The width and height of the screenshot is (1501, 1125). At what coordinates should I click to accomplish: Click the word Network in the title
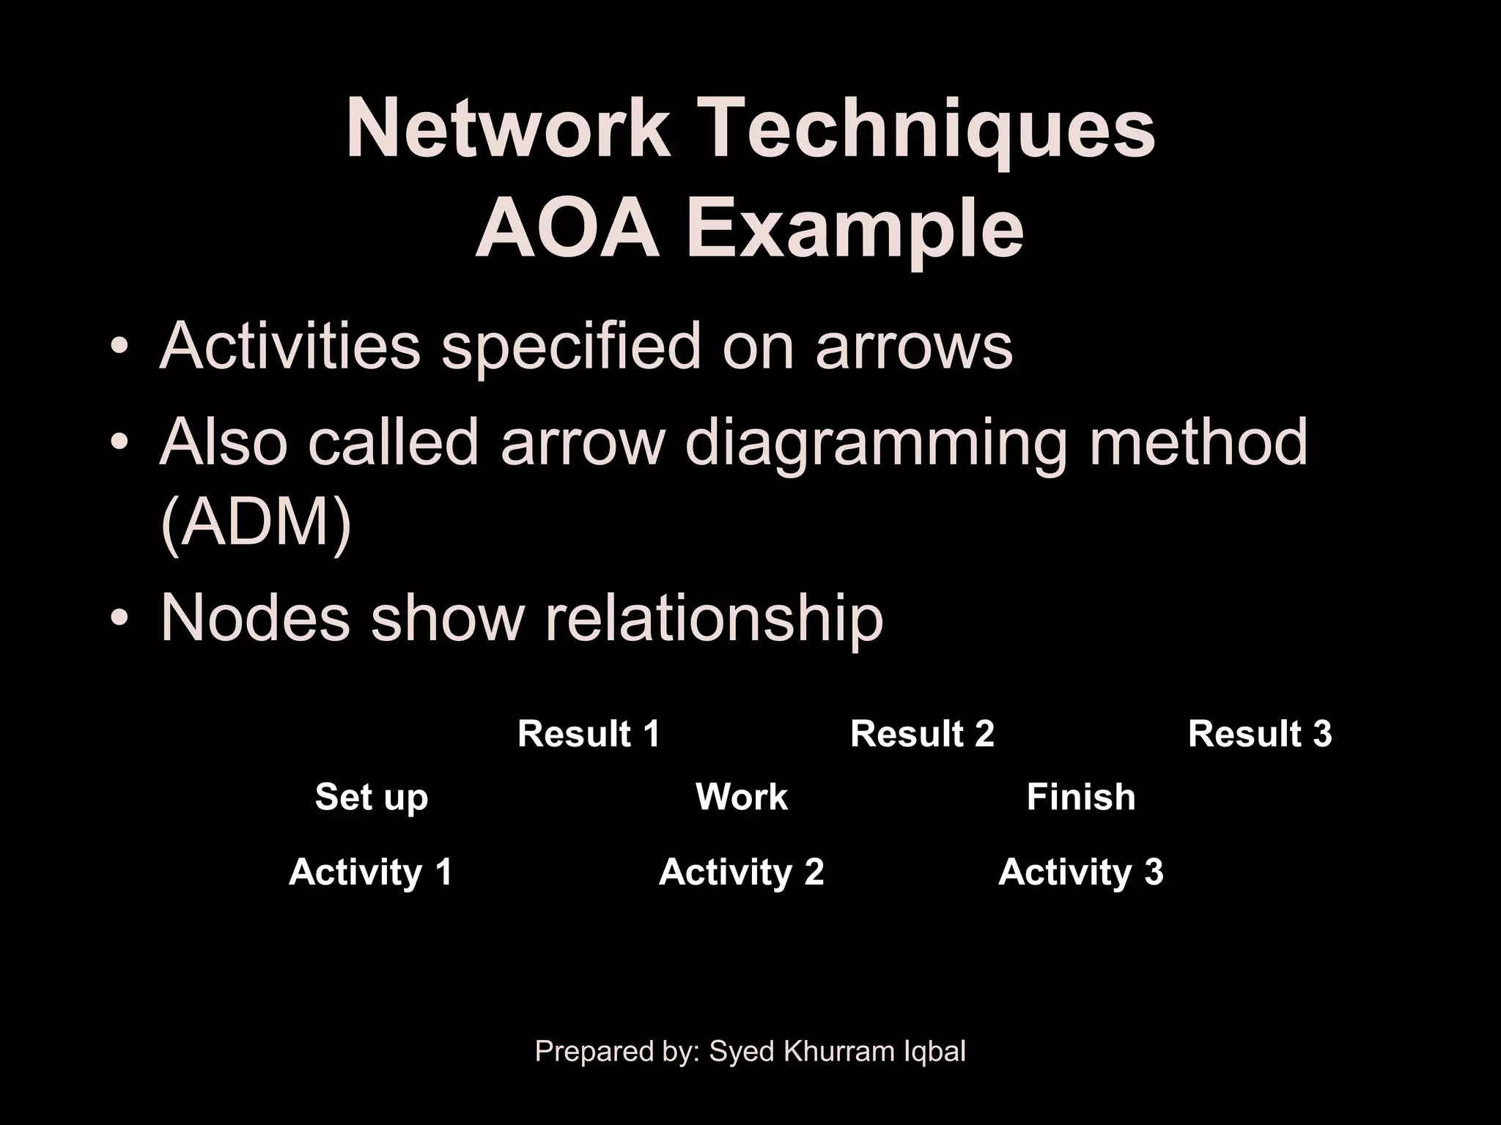(507, 129)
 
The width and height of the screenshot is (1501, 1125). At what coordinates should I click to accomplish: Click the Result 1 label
(589, 734)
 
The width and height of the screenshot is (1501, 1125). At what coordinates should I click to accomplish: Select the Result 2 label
(922, 734)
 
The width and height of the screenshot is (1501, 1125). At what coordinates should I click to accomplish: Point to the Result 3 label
(1259, 734)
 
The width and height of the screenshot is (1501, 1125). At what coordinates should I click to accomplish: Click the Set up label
(371, 797)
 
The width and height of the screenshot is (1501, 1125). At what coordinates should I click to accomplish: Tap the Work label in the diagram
(741, 797)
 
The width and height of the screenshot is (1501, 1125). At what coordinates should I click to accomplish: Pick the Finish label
(1080, 797)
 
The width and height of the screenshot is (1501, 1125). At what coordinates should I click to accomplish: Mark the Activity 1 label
(371, 872)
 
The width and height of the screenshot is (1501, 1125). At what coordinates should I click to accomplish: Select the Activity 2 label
(741, 872)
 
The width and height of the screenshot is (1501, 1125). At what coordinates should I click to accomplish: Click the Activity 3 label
(1080, 872)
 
